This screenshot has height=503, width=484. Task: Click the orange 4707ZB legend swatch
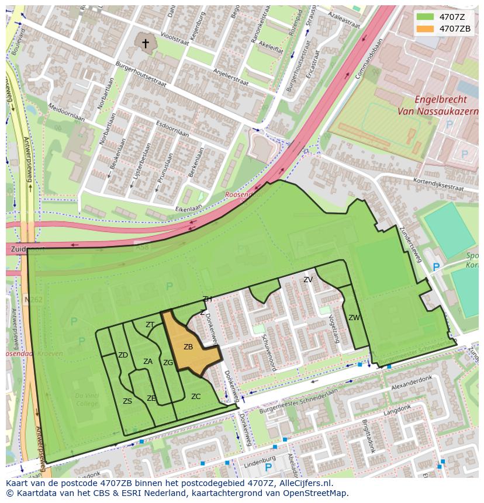click(x=425, y=29)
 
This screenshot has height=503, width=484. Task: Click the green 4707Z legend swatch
click(x=425, y=17)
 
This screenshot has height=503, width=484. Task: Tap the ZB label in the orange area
click(x=188, y=347)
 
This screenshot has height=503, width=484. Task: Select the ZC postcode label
click(x=196, y=397)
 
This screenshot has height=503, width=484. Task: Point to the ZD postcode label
click(x=123, y=355)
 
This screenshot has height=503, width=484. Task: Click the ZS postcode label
click(x=127, y=401)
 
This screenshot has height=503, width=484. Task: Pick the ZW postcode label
click(x=354, y=318)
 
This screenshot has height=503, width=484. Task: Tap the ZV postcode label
click(x=308, y=280)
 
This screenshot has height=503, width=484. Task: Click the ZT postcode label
click(x=150, y=325)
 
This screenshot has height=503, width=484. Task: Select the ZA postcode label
click(x=148, y=362)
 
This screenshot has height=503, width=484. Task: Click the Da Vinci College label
click(x=87, y=400)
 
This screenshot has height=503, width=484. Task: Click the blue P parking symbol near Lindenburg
click(x=268, y=468)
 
